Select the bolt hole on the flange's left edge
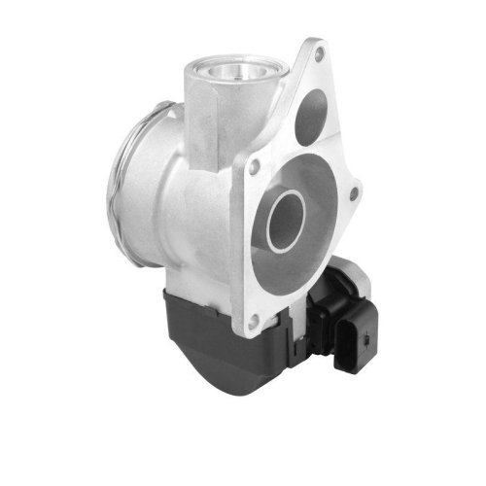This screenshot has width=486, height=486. click(x=254, y=167)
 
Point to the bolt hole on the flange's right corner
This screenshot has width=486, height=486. click(x=353, y=194)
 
